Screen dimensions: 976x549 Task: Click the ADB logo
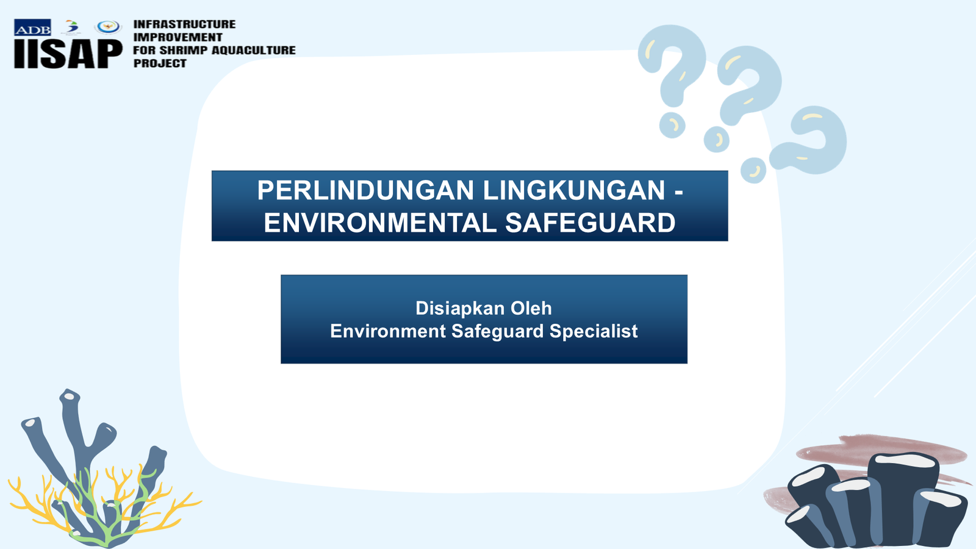32,27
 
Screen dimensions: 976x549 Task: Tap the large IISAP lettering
68,54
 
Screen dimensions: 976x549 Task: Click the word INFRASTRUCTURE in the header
184,24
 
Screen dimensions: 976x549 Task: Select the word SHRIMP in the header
183,51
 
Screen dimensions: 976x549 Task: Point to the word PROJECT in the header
160,63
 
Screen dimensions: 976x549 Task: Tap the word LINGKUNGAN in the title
574,190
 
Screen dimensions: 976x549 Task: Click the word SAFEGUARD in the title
590,223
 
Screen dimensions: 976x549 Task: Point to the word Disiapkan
460,308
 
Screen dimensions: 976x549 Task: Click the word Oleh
531,308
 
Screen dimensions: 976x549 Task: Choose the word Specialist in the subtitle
594,331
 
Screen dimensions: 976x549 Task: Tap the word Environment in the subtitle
388,331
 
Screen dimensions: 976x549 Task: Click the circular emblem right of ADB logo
107,27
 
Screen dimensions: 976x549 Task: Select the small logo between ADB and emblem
72,27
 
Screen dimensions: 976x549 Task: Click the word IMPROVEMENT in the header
178,37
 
